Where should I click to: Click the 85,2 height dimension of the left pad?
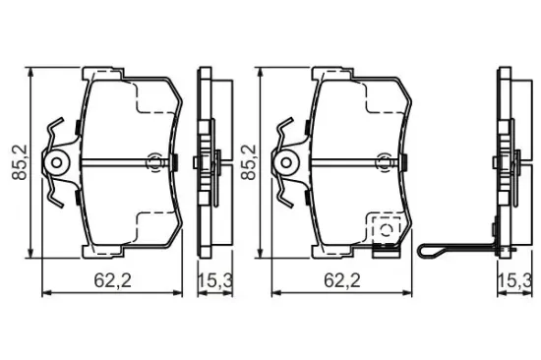(x=20, y=162)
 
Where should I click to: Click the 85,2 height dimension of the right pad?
(x=249, y=162)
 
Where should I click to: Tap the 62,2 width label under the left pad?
(x=113, y=280)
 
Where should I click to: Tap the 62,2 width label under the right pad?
(x=342, y=280)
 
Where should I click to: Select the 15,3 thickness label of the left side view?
(x=215, y=280)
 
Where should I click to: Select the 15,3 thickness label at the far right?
(x=514, y=280)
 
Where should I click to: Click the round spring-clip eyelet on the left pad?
(x=57, y=162)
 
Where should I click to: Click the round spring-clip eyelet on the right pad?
(x=286, y=162)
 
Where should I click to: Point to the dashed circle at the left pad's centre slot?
(x=154, y=162)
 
